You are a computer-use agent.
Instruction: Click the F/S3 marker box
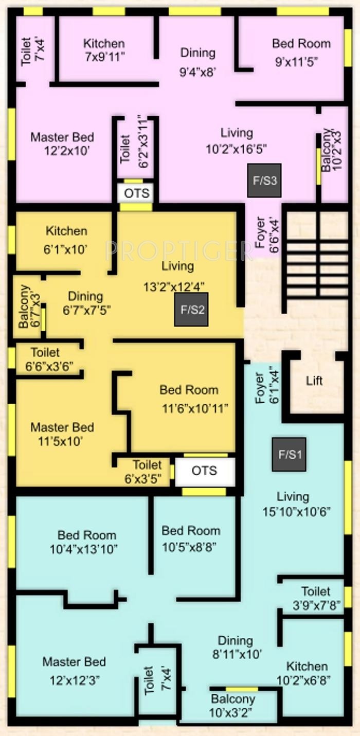[264, 181]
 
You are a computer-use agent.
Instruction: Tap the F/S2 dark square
[191, 310]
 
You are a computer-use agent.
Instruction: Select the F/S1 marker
[289, 455]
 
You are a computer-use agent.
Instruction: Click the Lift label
[314, 381]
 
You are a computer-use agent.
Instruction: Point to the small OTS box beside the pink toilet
[137, 193]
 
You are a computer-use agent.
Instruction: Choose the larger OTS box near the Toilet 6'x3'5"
[205, 471]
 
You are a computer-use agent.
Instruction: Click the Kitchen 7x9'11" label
[104, 50]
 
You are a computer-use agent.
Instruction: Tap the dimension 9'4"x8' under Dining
[197, 71]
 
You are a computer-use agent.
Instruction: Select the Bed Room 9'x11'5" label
[301, 52]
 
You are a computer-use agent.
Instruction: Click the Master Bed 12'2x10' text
[62, 143]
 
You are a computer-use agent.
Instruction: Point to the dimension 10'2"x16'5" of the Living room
[236, 149]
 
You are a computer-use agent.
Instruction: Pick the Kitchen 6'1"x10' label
[66, 240]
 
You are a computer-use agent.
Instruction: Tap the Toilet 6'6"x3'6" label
[49, 359]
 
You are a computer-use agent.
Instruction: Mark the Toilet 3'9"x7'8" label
[316, 598]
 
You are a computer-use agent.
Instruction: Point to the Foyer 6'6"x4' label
[267, 235]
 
